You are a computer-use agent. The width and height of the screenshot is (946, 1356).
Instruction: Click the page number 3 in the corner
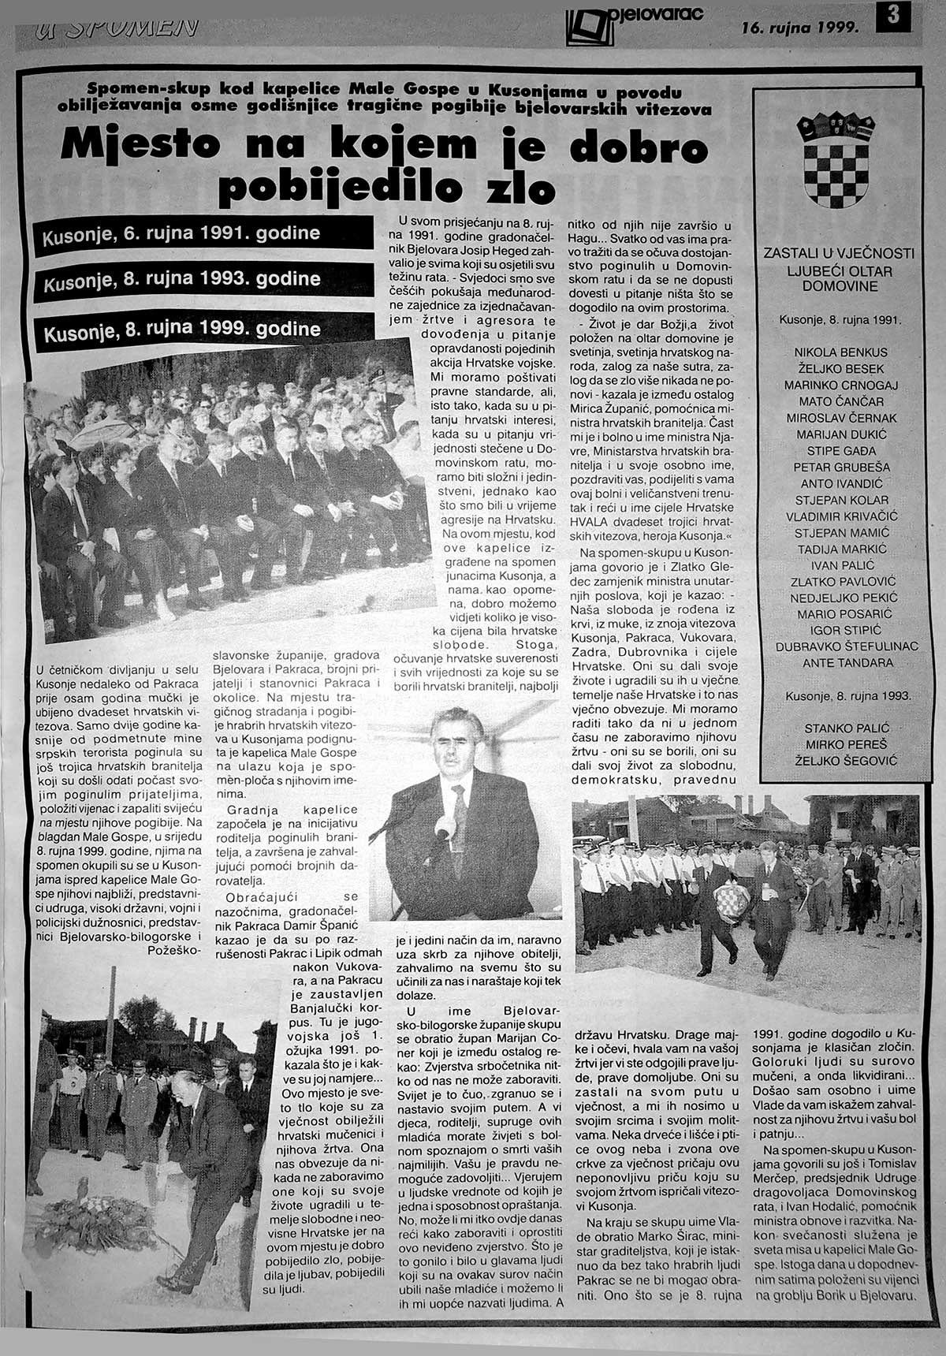(x=893, y=16)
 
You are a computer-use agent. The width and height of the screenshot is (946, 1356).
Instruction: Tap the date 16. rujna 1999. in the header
(x=799, y=28)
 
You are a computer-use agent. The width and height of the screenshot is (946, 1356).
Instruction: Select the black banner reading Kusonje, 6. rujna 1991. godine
(x=182, y=234)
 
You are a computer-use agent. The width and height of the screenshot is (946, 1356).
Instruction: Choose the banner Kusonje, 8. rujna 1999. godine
(x=182, y=328)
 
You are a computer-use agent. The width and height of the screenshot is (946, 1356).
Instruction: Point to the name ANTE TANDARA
(x=836, y=663)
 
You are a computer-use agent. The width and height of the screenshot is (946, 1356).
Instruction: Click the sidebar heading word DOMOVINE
(x=840, y=286)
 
